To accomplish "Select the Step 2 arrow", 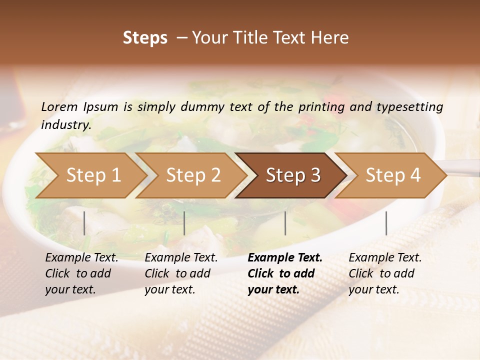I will coord(193,175).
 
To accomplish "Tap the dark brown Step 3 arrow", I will coord(293,175).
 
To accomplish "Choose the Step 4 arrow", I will coord(393,175).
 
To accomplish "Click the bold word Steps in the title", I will coord(145,38).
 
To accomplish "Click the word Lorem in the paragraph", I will coord(59,106).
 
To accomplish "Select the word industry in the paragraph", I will coord(65,124).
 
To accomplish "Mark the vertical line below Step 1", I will coord(84,223).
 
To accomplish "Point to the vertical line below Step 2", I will coord(184,223).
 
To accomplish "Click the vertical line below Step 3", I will coord(285,223).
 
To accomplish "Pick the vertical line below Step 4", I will coord(386,223).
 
